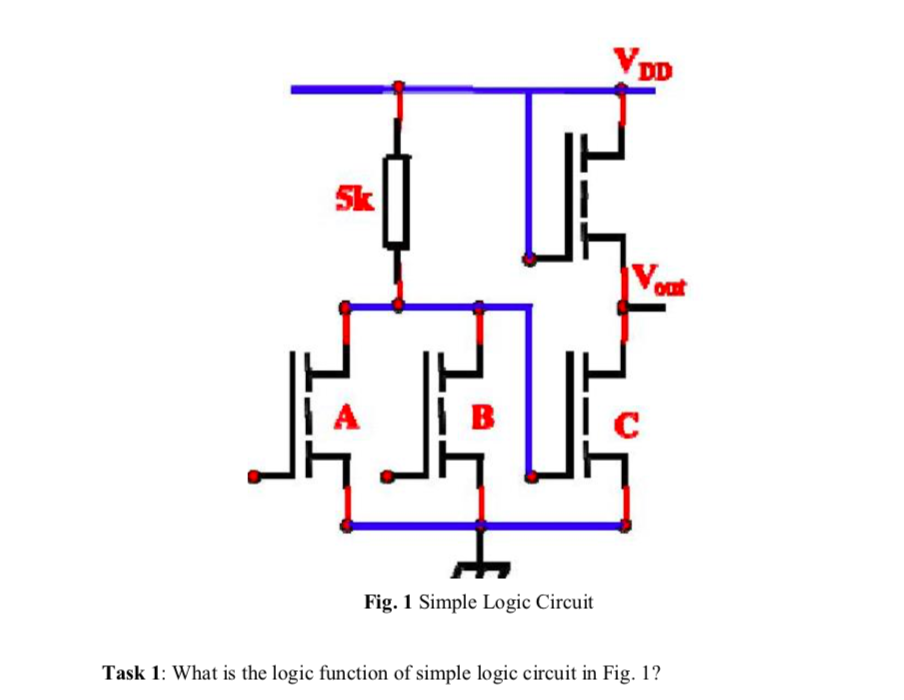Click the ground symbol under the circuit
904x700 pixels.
click(x=481, y=570)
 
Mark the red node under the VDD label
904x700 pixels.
click(x=623, y=89)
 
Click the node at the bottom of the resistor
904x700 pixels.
click(x=398, y=304)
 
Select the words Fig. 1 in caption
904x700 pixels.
click(x=388, y=602)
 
